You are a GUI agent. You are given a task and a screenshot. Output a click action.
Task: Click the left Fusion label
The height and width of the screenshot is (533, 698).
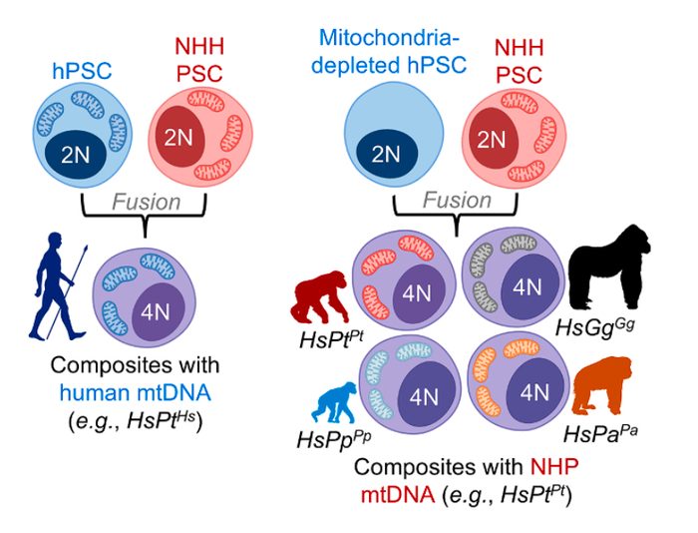(x=145, y=202)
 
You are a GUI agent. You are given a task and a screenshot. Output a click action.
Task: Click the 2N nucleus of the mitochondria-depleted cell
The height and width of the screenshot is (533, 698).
(x=385, y=154)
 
